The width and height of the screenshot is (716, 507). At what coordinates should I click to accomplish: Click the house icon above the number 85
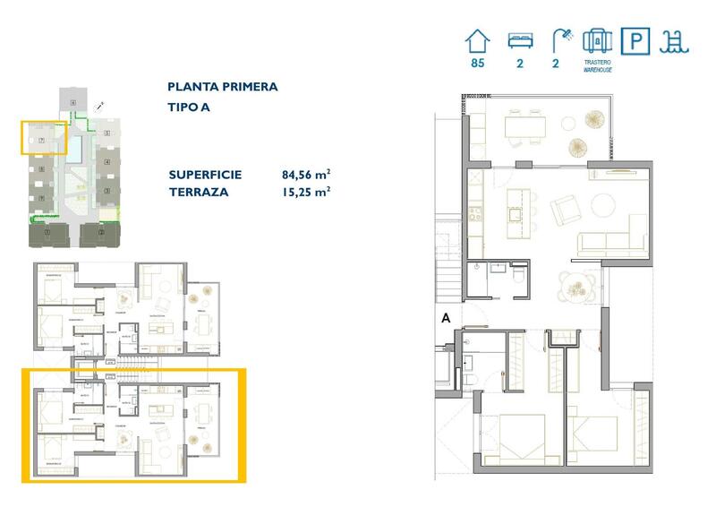point(478,41)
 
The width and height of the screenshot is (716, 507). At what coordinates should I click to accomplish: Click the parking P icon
point(635,41)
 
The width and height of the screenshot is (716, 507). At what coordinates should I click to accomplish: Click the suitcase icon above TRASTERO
point(596,41)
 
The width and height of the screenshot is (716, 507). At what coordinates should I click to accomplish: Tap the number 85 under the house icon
point(478,64)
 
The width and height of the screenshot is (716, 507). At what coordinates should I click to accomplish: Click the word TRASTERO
point(596,62)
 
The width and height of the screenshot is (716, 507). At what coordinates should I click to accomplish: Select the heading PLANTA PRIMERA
point(222,87)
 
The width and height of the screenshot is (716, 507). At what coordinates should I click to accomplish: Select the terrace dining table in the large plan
point(525,126)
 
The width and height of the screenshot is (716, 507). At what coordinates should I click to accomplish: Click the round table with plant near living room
point(574,285)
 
